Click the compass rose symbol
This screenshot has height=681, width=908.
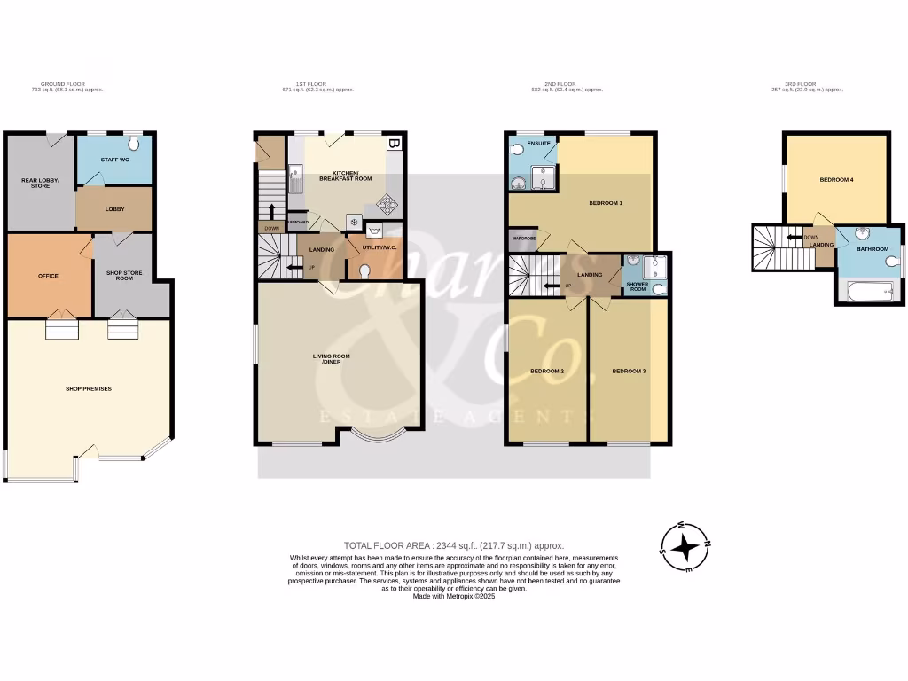point(685,546)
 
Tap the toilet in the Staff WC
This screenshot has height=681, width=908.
point(134,145)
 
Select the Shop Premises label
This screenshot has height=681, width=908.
point(89,388)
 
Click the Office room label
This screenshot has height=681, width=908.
point(48,276)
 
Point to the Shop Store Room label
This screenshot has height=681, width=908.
point(126,275)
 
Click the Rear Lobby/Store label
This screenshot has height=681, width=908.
point(38,184)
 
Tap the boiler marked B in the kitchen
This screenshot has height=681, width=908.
point(394,143)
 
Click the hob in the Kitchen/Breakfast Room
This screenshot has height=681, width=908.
point(387,205)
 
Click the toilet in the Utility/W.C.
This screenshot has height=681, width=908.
point(364,270)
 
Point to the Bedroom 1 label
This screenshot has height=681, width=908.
point(606,203)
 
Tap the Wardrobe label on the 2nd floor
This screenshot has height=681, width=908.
point(521,238)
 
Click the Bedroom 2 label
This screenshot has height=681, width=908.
point(547,371)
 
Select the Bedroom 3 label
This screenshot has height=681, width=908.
point(629,371)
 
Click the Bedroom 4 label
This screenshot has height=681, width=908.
point(836,180)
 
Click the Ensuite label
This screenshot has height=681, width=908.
point(537,143)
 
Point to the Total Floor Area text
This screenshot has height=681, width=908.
point(453,545)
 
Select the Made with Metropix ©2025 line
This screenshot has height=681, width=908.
point(453,597)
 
